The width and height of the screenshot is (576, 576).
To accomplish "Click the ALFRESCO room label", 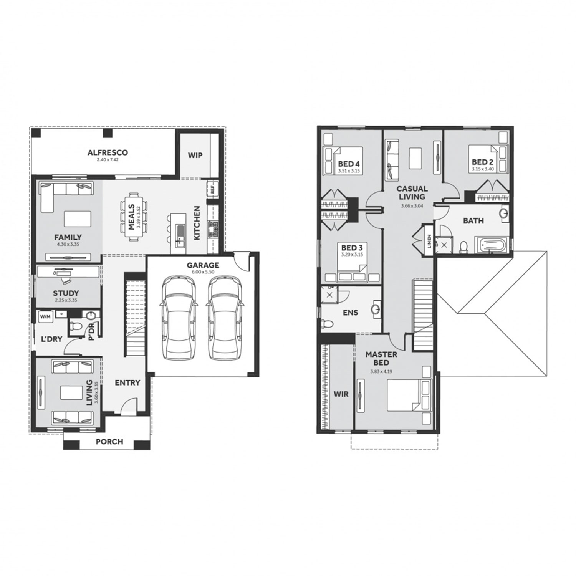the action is click(108, 152).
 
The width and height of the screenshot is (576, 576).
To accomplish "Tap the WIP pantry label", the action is click(195, 156).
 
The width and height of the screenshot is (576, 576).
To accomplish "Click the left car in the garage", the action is click(178, 318).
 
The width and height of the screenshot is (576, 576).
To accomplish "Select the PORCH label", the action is click(109, 442).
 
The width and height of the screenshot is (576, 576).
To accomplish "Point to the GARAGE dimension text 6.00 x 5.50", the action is click(203, 272).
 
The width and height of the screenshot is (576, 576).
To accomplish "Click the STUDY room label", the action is click(66, 293).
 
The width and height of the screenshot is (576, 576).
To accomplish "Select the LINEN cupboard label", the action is click(429, 241).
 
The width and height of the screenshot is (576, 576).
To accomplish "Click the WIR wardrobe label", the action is click(341, 394).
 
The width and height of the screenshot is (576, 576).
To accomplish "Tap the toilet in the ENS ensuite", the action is click(327, 323).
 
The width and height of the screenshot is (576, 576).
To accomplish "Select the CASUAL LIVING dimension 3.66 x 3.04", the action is click(412, 206).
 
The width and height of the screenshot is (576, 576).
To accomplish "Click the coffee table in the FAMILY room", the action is click(78, 219).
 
